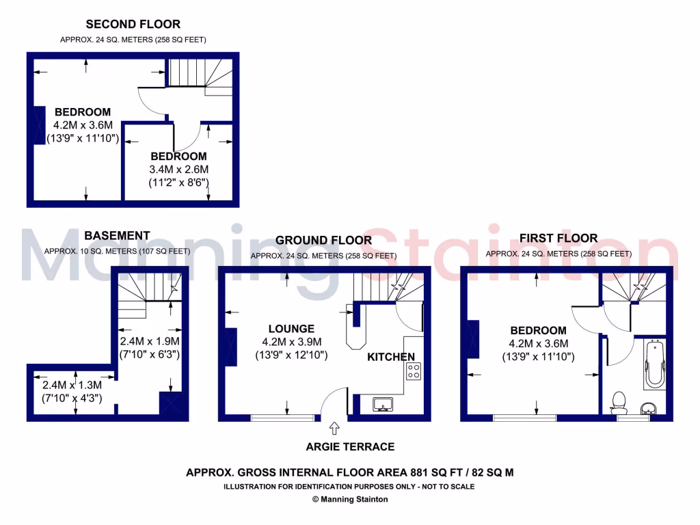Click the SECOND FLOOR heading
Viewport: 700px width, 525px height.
133,25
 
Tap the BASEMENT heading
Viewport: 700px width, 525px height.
117,236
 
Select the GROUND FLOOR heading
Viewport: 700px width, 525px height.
323,240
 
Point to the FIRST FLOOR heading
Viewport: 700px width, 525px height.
558,239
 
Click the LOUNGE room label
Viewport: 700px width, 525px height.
292,329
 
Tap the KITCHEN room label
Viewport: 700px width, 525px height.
391,357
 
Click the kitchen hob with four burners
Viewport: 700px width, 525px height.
414,371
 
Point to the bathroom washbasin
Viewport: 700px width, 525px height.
650,408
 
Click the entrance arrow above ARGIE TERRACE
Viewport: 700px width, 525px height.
334,429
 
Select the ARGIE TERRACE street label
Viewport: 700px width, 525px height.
351,447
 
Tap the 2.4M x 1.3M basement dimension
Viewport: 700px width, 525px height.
72,385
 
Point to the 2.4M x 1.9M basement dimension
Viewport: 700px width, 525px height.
150,341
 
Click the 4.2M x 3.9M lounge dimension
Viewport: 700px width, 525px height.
292,342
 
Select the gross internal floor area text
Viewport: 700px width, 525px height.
349,472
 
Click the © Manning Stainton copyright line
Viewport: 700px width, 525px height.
350,500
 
